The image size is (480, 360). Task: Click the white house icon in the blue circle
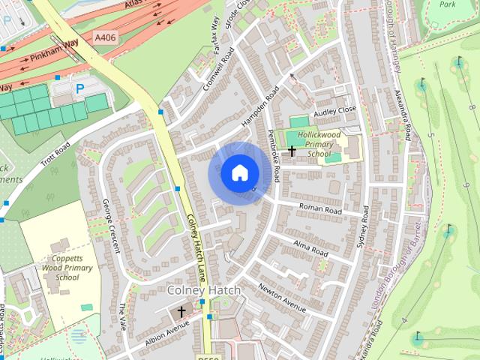[x=239, y=173]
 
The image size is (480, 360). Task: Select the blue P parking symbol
[x=79, y=88]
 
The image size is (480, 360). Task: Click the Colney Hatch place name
[x=204, y=289]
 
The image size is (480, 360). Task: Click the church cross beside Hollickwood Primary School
[x=291, y=151]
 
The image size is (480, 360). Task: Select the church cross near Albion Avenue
[x=181, y=311]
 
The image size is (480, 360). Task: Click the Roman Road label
[x=320, y=209]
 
